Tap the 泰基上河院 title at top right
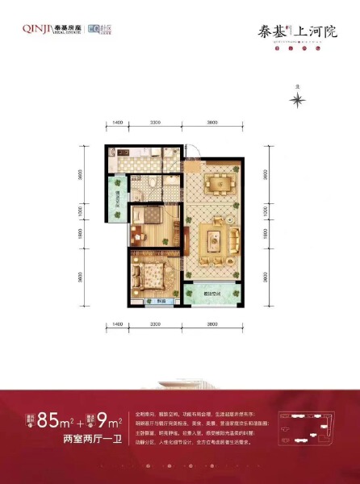click(303, 33)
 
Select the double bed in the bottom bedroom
click(153, 277)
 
